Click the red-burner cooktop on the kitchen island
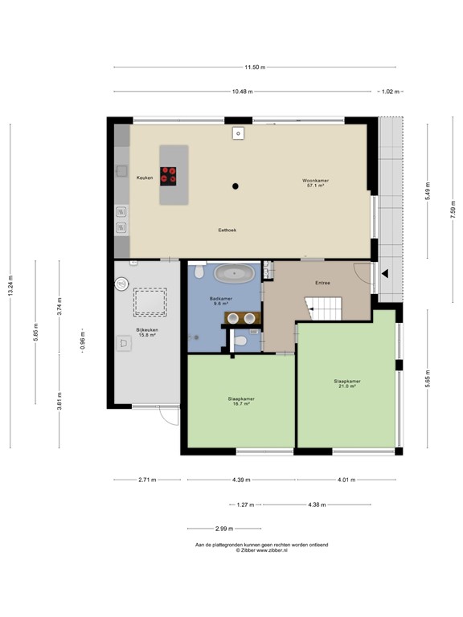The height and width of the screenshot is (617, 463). click(x=169, y=170)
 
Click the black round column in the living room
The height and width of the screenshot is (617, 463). click(x=236, y=186)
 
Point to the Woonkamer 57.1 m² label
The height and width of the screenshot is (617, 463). click(x=313, y=183)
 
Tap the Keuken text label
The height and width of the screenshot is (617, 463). click(x=145, y=177)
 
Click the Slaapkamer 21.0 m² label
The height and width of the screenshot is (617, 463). click(x=347, y=383)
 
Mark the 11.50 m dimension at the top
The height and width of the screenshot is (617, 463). click(x=254, y=67)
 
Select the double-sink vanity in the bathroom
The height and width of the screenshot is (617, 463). click(x=242, y=317)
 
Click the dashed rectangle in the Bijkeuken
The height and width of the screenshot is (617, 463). click(x=150, y=303)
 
